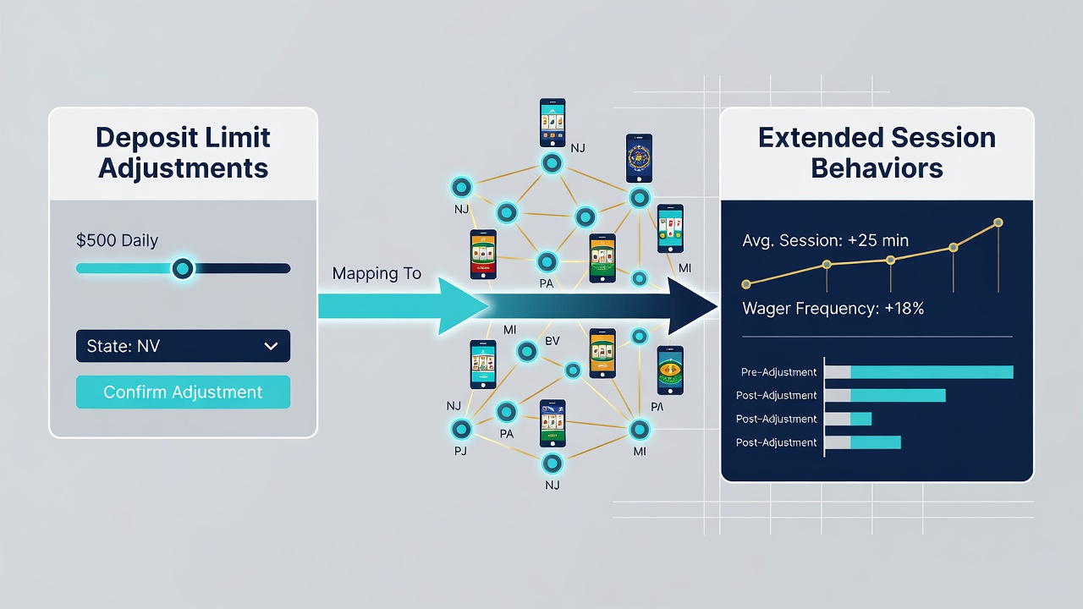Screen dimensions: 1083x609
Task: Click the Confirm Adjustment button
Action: coord(183,392)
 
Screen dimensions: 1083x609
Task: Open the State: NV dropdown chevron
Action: coord(272,346)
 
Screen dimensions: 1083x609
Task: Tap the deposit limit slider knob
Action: coord(183,269)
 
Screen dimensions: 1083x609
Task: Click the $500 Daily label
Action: coord(117,240)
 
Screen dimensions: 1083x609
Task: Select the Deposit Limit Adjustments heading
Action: coord(183,153)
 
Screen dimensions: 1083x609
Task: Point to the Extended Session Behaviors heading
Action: coord(877,153)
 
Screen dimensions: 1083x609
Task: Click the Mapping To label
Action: coord(377,273)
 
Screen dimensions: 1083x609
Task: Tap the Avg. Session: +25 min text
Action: coord(825,240)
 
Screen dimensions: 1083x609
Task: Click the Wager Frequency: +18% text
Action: coord(833,309)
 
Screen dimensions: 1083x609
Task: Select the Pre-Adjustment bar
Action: coord(919,372)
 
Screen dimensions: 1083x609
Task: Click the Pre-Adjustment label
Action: coord(778,372)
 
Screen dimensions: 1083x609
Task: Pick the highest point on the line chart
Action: coord(998,222)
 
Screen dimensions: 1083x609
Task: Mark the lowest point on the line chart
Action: coord(746,284)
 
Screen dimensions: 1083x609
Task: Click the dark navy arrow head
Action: coord(691,306)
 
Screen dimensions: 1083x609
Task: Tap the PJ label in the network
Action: coord(460,451)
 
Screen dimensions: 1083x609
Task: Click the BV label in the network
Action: coord(552,341)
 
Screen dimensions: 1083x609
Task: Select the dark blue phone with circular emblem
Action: coord(639,158)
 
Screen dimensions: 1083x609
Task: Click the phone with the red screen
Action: coord(483,255)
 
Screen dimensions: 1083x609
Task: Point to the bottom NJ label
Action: coord(552,485)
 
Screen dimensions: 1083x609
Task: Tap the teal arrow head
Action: coord(462,306)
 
